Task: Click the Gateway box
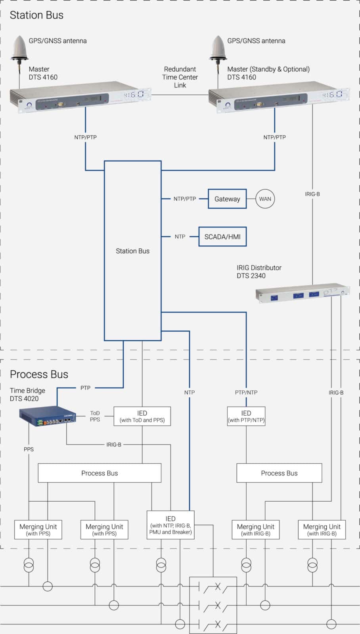(227, 199)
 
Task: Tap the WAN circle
(265, 199)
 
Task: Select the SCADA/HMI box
(222, 237)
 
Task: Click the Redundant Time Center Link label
(180, 77)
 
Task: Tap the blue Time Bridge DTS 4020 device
(48, 416)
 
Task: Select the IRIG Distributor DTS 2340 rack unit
(303, 294)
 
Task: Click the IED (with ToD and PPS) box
(142, 416)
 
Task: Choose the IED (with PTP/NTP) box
(246, 416)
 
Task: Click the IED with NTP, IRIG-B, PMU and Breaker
(170, 525)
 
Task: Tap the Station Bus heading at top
(36, 15)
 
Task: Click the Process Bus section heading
(39, 374)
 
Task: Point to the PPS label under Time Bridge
(29, 449)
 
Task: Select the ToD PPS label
(95, 416)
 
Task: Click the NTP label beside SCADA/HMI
(180, 237)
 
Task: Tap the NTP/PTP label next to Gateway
(185, 199)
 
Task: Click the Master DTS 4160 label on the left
(43, 73)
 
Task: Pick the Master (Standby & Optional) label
(268, 73)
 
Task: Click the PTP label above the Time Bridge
(85, 388)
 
